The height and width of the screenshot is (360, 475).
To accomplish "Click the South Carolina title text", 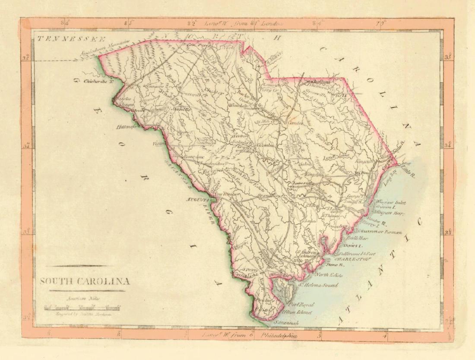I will [85, 282].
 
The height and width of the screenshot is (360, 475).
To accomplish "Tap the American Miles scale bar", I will [82, 308].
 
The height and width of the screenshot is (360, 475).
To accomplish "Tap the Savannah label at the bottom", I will [287, 322].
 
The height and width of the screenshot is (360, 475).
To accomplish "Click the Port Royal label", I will [302, 304].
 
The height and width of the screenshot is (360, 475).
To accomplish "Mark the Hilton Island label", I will [297, 312].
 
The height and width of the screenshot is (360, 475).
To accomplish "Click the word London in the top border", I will [272, 23].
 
